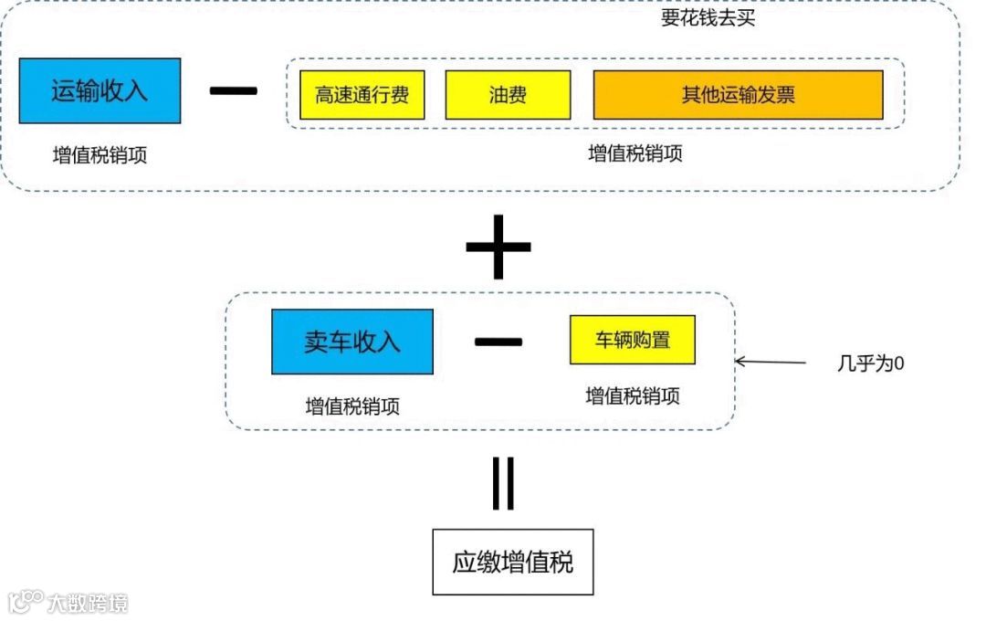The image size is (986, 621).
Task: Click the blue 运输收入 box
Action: click(100, 91)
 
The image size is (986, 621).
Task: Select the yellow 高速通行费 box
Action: click(362, 95)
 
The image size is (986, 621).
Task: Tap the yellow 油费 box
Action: click(508, 95)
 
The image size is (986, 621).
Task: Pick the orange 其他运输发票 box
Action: click(738, 95)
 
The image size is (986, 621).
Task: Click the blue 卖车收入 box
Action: click(351, 342)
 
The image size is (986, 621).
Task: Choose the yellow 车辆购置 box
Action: click(633, 340)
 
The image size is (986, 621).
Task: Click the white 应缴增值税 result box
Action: click(513, 562)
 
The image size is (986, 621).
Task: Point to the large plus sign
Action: click(498, 246)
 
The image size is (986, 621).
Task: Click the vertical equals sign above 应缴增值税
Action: click(503, 483)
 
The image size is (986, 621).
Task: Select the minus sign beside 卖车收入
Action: click(498, 342)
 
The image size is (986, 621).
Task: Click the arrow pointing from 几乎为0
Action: click(771, 363)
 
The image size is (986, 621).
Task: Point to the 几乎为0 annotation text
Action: click(870, 363)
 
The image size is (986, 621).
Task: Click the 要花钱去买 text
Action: click(708, 18)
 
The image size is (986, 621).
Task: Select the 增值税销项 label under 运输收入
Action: click(100, 155)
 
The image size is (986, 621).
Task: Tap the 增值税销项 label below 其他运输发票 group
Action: click(635, 153)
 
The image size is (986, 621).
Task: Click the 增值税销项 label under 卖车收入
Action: click(352, 406)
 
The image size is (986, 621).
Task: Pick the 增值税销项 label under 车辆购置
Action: click(633, 395)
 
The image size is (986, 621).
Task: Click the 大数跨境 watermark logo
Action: click(68, 603)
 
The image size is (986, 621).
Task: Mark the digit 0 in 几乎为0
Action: click(899, 363)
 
